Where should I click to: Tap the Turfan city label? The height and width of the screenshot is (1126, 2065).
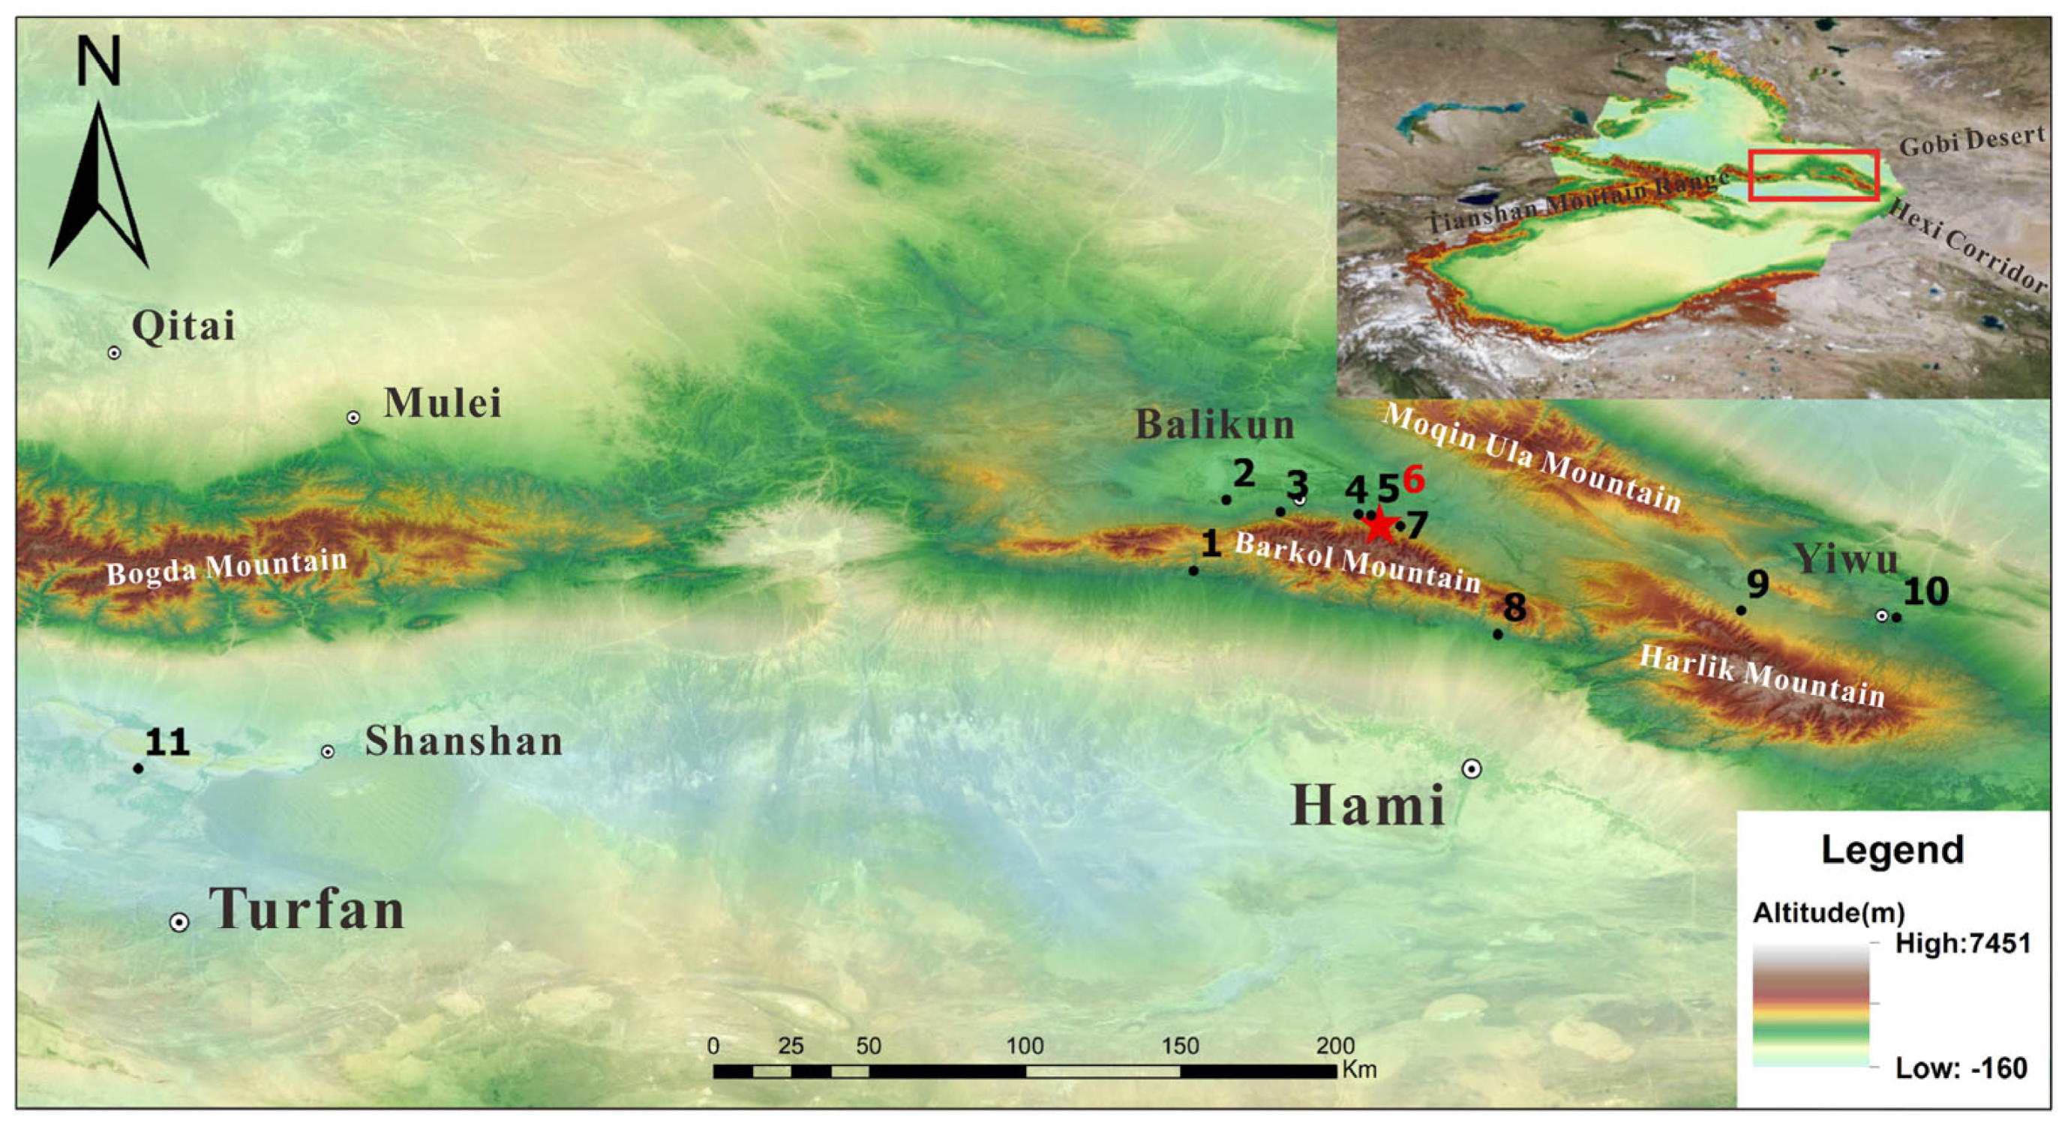[x=307, y=909]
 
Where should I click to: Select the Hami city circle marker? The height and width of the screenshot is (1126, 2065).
[x=1471, y=768]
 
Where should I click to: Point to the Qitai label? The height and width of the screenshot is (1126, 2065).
[x=184, y=325]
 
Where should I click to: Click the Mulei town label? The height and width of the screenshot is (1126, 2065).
[x=443, y=403]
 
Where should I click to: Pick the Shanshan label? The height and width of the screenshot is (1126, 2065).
[x=464, y=741]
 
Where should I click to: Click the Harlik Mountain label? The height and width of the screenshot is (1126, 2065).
[x=1762, y=677]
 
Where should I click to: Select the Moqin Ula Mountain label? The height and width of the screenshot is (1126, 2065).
[x=1531, y=457]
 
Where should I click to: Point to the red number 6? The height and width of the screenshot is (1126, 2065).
[x=1413, y=480]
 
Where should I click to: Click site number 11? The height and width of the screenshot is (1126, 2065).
[x=167, y=743]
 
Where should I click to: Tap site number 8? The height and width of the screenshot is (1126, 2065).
[x=1514, y=606]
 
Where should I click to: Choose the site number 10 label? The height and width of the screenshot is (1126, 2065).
[x=1925, y=592]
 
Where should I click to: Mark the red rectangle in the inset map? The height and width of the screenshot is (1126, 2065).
[x=1813, y=175]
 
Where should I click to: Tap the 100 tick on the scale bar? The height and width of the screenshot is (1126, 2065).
[x=1025, y=1046]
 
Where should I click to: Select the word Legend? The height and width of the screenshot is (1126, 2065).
[x=1892, y=849]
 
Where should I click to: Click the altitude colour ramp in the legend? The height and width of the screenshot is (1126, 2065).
[x=1810, y=1006]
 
